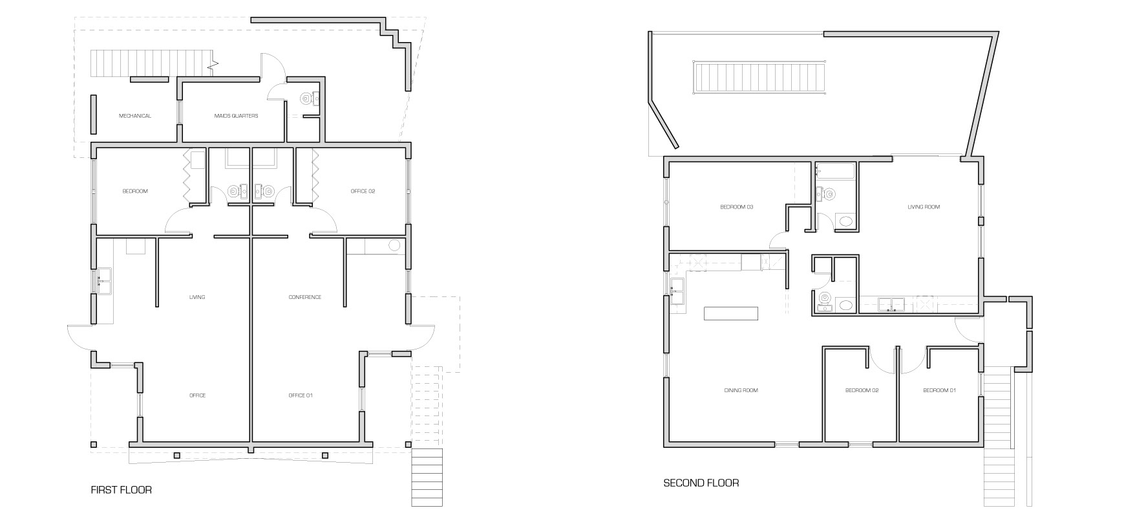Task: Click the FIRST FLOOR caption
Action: point(122,490)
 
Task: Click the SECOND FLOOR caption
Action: point(701,483)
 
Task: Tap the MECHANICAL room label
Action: point(135,116)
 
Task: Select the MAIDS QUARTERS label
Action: point(236,116)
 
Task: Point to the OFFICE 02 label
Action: point(363,191)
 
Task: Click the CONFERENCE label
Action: point(305,297)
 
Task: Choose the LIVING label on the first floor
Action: point(197,297)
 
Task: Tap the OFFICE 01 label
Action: point(301,395)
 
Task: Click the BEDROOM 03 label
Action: point(737,207)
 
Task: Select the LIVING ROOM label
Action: point(924,207)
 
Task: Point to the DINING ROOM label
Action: point(741,390)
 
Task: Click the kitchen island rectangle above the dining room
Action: point(731,313)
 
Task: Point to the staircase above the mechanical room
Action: point(153,63)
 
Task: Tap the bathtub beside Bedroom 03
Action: point(835,171)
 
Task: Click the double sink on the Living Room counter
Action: point(891,304)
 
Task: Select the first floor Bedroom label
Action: point(135,191)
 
